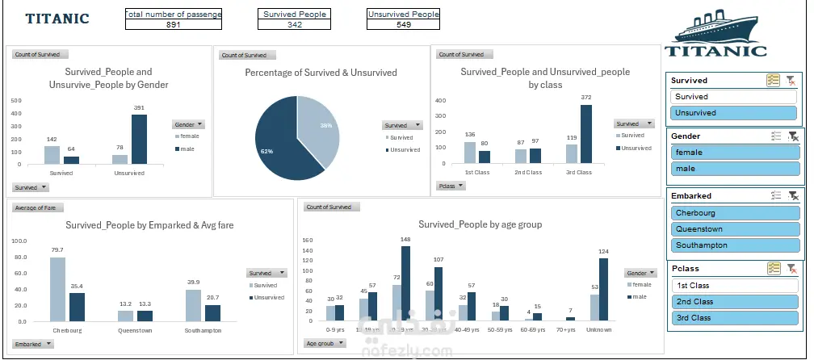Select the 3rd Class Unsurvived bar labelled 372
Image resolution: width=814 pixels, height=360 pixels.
(x=585, y=134)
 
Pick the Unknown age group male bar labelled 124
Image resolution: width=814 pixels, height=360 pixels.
(x=603, y=289)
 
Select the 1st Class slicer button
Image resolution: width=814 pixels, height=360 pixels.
(x=734, y=286)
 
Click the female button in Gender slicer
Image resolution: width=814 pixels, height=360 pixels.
(x=734, y=153)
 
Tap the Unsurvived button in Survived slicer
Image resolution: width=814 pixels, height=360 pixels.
(x=734, y=113)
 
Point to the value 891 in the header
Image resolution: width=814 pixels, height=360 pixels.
(x=173, y=25)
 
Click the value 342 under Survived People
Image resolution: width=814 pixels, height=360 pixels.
(x=295, y=25)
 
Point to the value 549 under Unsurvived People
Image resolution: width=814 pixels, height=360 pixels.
(x=403, y=25)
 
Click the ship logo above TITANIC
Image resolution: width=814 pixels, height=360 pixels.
(x=715, y=26)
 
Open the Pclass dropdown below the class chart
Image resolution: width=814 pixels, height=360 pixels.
(x=451, y=186)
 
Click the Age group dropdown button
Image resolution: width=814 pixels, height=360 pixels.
(x=324, y=343)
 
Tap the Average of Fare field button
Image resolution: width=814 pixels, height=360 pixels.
(x=33, y=208)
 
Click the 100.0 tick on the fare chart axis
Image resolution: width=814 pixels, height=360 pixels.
(x=20, y=241)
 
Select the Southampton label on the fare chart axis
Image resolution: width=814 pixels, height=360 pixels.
(x=203, y=330)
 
